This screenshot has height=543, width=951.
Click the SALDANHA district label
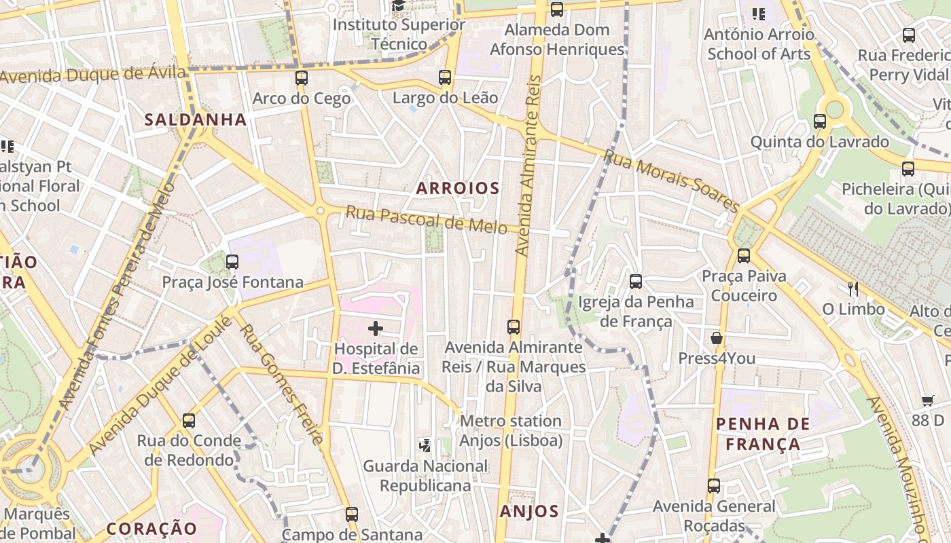point(195,119)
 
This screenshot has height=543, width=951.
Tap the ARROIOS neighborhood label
point(458,188)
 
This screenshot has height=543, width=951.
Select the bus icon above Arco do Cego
point(302,78)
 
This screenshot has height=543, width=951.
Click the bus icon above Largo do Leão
point(445,77)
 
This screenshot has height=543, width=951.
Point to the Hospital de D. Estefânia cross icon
point(375,329)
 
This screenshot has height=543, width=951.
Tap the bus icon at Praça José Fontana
point(232,261)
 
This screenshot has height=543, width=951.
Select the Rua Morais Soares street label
point(671,181)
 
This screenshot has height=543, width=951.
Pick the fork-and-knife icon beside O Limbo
point(853,289)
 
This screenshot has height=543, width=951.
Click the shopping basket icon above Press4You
point(717,338)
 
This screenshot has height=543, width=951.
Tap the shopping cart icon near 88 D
point(928,400)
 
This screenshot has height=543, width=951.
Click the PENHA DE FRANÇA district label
point(763,434)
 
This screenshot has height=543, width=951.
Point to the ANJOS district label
point(529,511)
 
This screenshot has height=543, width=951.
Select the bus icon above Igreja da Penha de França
point(636,281)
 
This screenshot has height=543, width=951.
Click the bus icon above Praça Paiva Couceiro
point(744,256)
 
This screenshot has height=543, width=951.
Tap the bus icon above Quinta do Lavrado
point(820,121)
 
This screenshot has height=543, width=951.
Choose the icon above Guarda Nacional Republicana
point(425,446)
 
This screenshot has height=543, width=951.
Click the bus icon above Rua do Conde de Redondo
point(189,421)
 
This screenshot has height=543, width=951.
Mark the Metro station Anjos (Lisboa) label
point(511,431)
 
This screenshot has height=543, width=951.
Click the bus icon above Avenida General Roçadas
point(713,486)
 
